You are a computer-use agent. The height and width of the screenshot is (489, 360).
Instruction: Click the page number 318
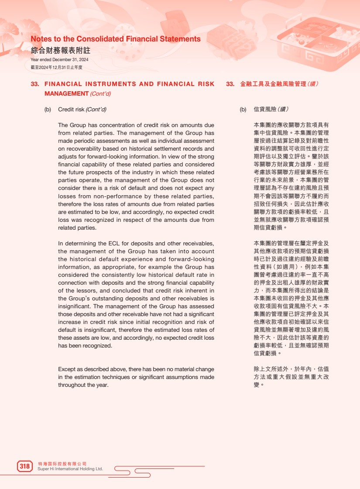(25, 466)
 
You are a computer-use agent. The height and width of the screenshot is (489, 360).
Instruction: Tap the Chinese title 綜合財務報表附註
(60, 50)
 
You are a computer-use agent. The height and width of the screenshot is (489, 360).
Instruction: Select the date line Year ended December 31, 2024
(59, 60)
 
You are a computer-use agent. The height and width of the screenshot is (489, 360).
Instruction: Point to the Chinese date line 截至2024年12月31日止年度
(56, 67)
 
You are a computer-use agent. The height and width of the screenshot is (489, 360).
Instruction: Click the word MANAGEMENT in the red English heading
(66, 93)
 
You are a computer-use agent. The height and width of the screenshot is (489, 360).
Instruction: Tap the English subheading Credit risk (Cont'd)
(82, 109)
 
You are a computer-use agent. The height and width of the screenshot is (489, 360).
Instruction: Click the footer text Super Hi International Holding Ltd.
(70, 469)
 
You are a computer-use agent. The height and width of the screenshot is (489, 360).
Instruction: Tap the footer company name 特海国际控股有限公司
(62, 463)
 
